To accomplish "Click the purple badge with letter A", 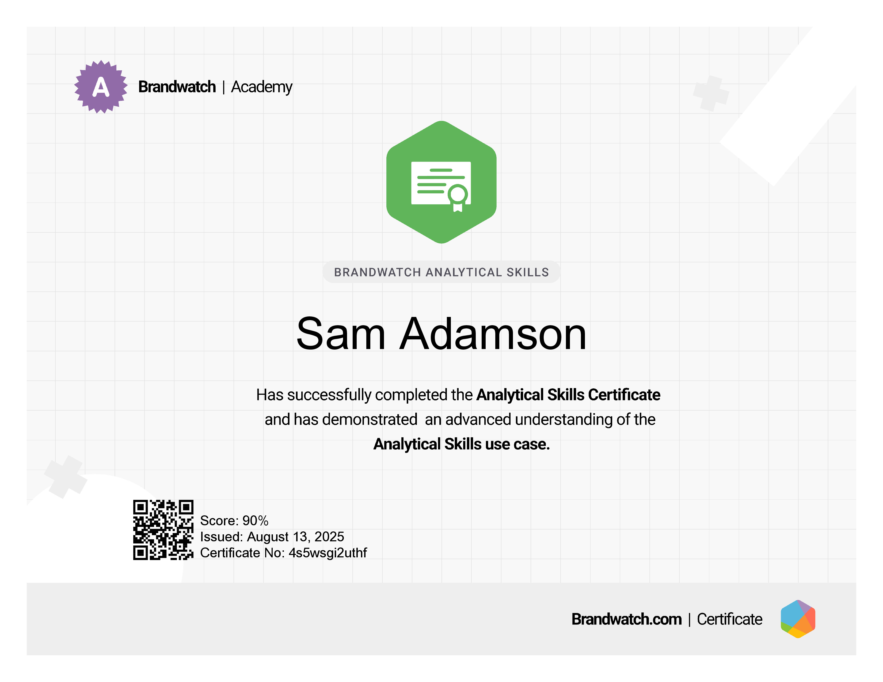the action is point(101,87).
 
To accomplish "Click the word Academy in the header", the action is point(262,87).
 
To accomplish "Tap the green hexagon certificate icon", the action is point(441,182).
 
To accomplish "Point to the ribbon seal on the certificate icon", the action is point(458,198).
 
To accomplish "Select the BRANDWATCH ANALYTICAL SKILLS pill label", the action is point(441,272).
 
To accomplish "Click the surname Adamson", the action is point(493,334).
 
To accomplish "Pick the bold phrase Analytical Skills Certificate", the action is point(568,395).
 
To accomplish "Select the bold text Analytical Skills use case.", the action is point(461,444).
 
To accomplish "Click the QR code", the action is point(163,530).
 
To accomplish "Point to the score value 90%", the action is point(256,520).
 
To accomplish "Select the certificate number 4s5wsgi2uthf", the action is point(328,553).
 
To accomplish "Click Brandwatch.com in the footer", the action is point(626,619).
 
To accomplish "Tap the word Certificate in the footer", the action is point(729,619).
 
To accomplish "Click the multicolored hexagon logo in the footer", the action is point(798,619).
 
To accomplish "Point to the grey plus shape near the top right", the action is point(711,93).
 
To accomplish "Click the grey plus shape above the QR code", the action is point(66,477).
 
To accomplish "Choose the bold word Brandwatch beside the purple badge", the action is point(177,87).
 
